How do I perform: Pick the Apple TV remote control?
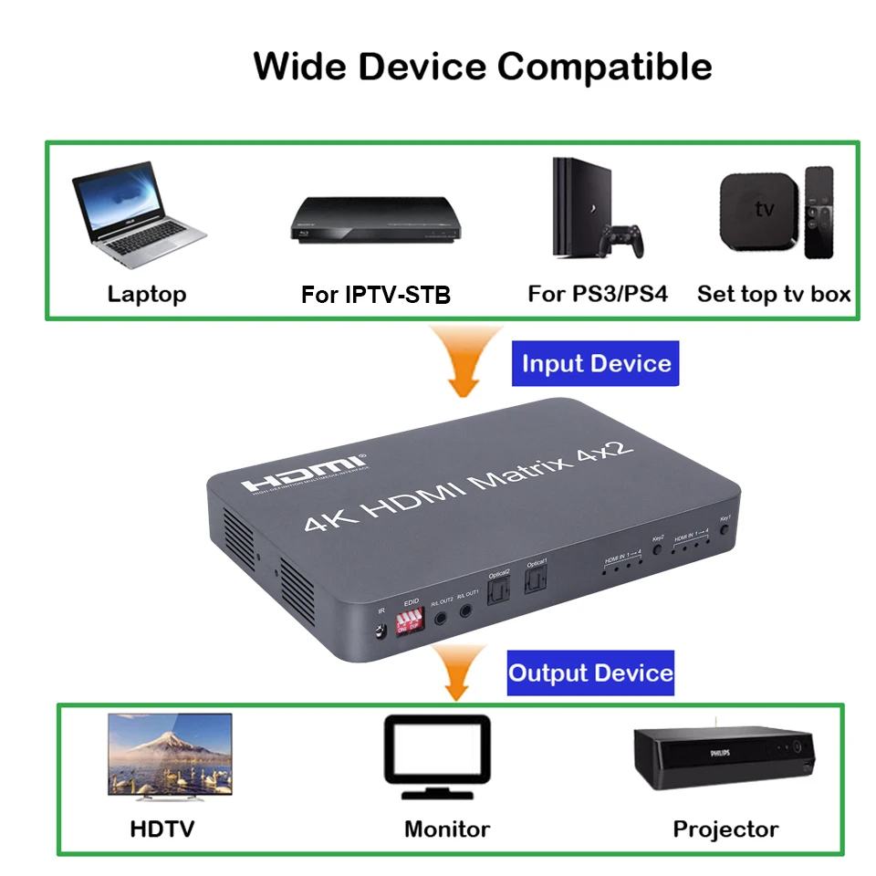(x=819, y=212)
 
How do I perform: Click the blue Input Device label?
(x=596, y=363)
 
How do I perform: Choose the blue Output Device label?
(x=590, y=673)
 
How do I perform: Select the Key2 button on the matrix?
(x=656, y=551)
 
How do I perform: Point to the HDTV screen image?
(x=170, y=754)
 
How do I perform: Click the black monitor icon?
(x=436, y=752)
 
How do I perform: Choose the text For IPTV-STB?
(x=376, y=295)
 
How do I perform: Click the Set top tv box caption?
(x=774, y=294)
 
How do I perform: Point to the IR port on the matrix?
(x=380, y=628)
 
